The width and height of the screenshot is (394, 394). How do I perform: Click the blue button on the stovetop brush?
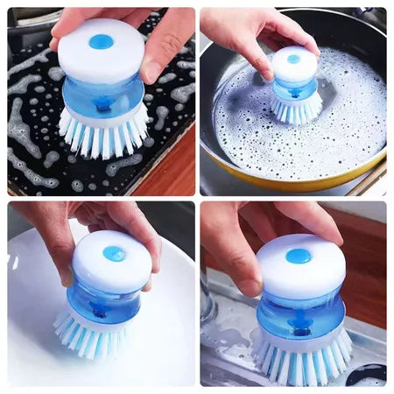tap(101, 41)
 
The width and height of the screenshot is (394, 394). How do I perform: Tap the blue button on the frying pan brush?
tap(294, 60)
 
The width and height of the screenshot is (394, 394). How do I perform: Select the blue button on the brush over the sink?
tap(298, 256)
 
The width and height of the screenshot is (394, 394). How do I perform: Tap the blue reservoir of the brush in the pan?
tap(293, 88)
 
